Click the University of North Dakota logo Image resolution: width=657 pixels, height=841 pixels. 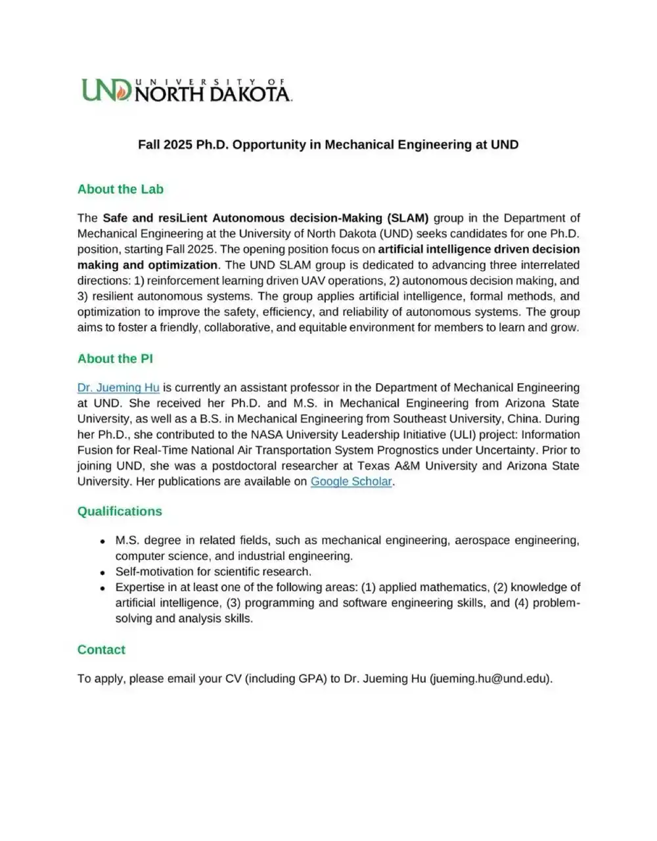(187, 90)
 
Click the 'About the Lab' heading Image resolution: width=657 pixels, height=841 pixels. (120, 189)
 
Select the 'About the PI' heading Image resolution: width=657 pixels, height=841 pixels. (115, 359)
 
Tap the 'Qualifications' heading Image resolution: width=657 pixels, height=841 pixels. (120, 511)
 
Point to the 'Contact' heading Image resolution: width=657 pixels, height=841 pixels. (101, 650)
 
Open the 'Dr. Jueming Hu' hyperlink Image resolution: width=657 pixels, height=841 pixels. (118, 388)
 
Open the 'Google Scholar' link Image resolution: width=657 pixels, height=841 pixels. (351, 482)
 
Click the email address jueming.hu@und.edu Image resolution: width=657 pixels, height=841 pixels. (491, 679)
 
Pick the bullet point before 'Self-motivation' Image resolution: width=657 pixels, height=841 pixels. (102, 572)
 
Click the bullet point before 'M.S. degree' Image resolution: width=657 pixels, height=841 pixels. (102, 541)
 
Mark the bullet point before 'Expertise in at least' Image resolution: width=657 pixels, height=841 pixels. (102, 588)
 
